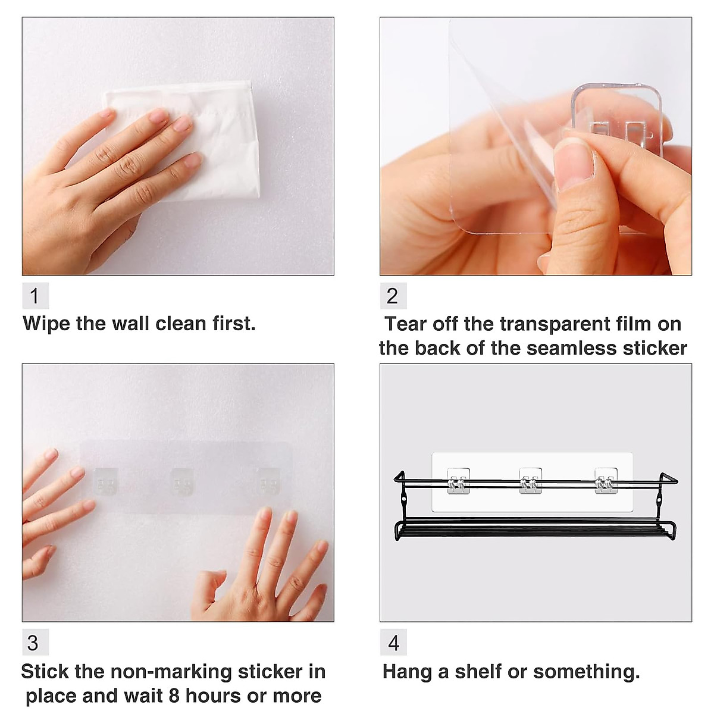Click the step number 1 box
[x=35, y=296]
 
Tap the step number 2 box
[x=393, y=296]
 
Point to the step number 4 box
[x=393, y=643]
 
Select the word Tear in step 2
[x=406, y=324]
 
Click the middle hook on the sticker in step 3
[x=182, y=481]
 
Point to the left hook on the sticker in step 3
[x=106, y=481]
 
